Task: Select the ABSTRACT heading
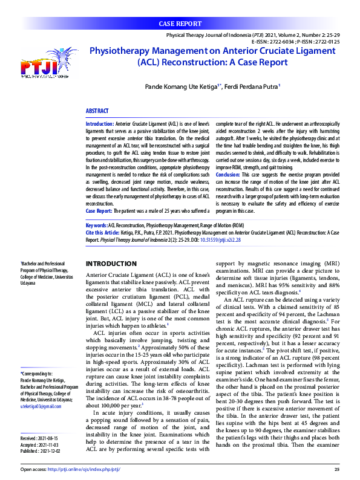(97, 111)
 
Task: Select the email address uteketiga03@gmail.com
(41, 389)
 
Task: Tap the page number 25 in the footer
(336, 469)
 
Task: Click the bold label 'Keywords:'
(96, 224)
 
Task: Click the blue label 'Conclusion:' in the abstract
(229, 174)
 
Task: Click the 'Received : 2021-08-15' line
(40, 420)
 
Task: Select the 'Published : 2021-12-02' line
(41, 433)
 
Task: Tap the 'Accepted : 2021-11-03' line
(40, 427)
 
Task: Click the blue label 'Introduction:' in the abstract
(100, 123)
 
